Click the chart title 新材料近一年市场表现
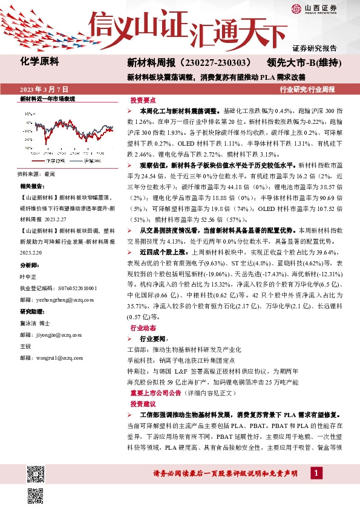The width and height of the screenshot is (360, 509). [x=47, y=99]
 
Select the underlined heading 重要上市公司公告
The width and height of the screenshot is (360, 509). [x=164, y=393]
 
